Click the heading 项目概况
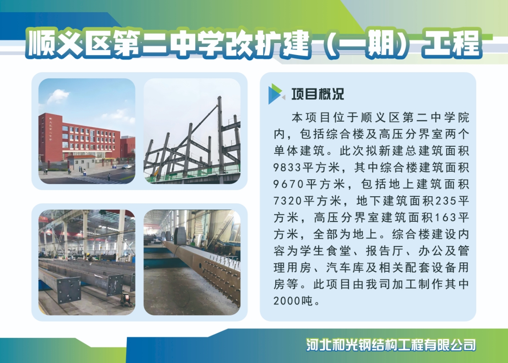pos(318,94)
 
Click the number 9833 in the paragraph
pos(287,168)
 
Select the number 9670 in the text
pos(288,184)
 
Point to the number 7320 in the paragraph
pos(287,201)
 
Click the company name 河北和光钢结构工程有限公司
pos(391,345)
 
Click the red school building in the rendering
pos(80,138)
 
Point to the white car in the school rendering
pos(126,167)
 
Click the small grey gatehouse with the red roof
pos(82,162)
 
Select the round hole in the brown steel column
pos(200,265)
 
